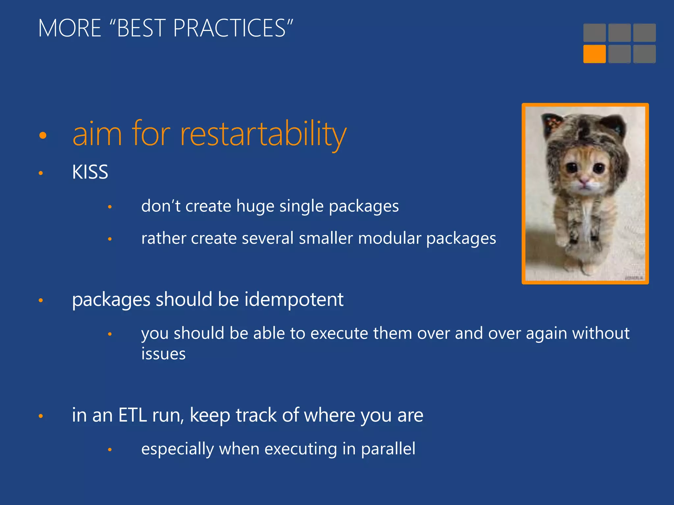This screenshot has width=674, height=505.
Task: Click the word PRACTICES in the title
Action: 229,28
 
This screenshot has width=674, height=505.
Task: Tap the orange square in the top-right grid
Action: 594,54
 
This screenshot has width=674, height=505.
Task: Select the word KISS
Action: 90,172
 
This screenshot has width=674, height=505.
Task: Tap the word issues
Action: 163,354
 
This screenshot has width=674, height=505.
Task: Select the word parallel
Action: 388,449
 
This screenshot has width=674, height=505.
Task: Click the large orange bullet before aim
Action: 43,135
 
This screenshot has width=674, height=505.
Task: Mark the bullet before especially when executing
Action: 110,450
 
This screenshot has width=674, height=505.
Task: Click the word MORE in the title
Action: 69,28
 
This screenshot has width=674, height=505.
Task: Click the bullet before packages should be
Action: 41,300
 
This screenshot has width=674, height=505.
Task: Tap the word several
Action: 267,238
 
